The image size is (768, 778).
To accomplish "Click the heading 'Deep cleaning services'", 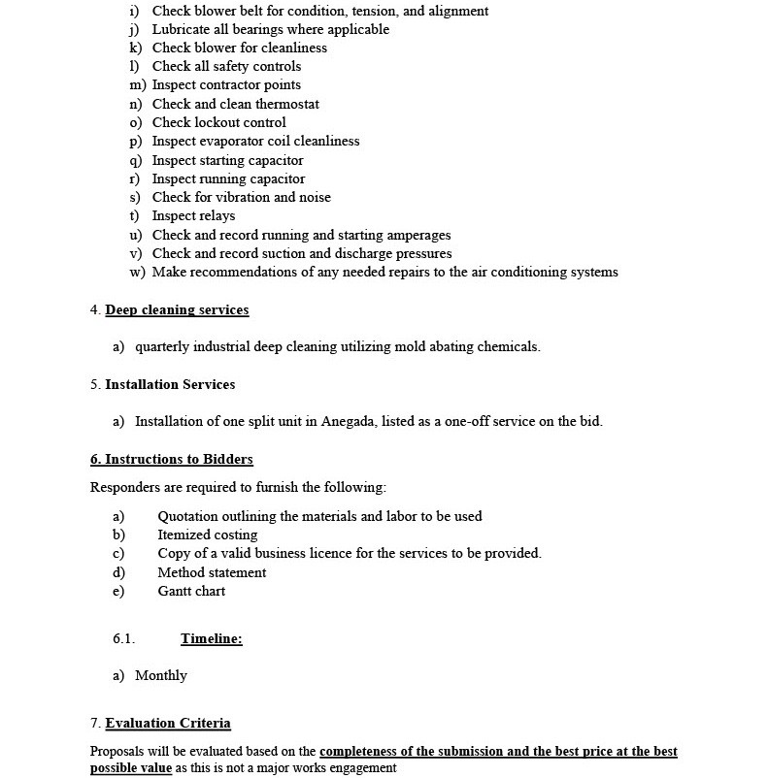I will [177, 310].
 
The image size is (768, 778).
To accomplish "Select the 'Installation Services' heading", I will [170, 384].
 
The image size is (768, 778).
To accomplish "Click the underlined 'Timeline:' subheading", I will [211, 638].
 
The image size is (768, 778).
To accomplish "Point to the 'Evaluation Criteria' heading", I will [168, 723].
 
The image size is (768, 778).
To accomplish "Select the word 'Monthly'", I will [161, 675].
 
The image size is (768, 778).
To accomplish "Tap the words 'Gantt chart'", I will [191, 591].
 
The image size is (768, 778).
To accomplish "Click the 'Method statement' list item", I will [212, 572].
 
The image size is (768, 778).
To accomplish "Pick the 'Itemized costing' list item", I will [208, 535].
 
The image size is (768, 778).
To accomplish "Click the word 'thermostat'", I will [287, 104].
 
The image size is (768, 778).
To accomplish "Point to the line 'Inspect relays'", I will [193, 215].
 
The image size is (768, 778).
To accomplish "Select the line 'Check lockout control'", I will [218, 122].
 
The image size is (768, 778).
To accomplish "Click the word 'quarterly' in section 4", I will [165, 346].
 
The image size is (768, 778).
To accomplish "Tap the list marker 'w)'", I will [138, 272].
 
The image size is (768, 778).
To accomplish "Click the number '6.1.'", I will [123, 638].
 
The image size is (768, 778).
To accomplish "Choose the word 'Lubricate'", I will [183, 29].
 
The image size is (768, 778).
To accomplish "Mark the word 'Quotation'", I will [190, 516].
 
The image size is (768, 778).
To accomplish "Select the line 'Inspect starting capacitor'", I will [227, 160].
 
